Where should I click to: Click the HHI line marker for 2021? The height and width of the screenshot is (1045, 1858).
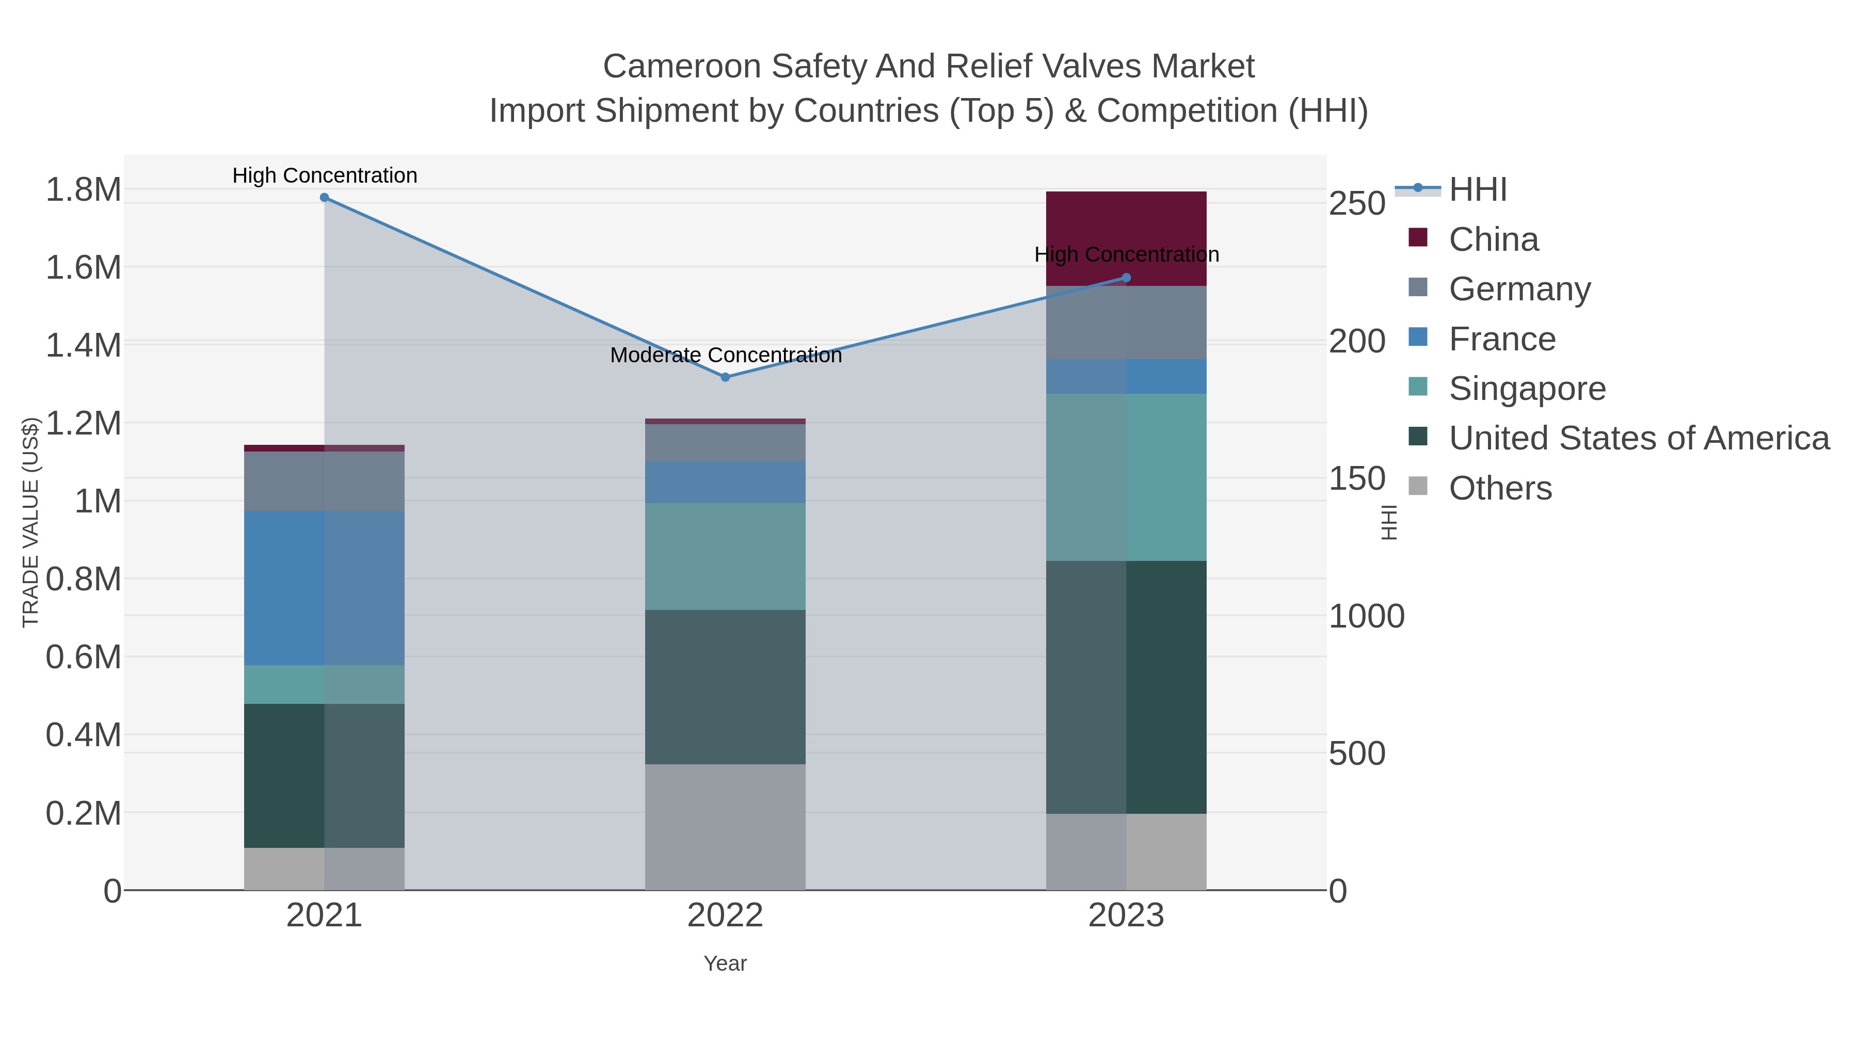[325, 198]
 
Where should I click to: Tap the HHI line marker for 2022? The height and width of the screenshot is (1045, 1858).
[726, 377]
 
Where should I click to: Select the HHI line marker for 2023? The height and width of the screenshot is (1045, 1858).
[1127, 278]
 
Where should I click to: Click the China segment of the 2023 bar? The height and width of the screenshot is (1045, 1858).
[1127, 238]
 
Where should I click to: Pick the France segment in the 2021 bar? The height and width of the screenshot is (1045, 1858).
[325, 588]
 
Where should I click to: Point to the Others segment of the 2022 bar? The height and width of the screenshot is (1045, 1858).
[726, 827]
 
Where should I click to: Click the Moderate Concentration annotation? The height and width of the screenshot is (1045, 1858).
[726, 356]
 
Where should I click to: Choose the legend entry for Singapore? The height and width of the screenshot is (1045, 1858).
[1527, 389]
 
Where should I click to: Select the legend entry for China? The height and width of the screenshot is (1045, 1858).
[1493, 239]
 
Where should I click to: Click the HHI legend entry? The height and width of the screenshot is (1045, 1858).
[1477, 190]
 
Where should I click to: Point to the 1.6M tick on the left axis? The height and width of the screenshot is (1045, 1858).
[84, 267]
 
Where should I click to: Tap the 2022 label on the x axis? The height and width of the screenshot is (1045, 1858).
[726, 916]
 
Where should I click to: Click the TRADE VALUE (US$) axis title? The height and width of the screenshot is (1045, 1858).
[30, 522]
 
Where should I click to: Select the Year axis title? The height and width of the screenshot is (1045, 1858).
[726, 963]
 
